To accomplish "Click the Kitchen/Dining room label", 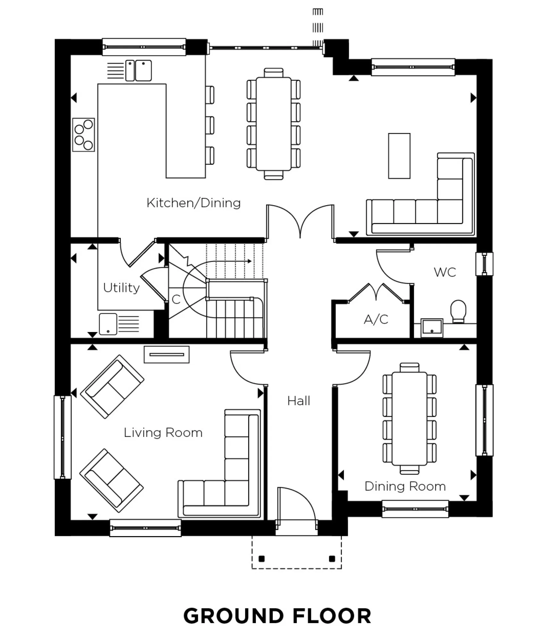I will [x=193, y=203].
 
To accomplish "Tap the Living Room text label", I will [x=163, y=433].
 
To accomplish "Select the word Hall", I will [x=298, y=401].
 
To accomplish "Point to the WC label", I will [x=445, y=272].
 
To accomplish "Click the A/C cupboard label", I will [x=376, y=320].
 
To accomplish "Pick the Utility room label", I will [x=121, y=288].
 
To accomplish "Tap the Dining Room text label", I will [x=405, y=486].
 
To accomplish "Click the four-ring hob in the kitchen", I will [x=83, y=135].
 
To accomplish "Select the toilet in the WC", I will [x=458, y=311].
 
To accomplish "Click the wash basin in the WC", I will [x=432, y=328].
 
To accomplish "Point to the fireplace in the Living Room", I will [x=166, y=354].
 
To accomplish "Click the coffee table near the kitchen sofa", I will [x=399, y=156].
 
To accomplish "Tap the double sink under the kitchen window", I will [x=138, y=71].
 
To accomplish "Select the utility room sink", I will [x=108, y=324].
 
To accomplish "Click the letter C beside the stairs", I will [x=176, y=300].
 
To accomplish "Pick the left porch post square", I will [x=262, y=559].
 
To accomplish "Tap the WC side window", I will [x=484, y=264].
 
